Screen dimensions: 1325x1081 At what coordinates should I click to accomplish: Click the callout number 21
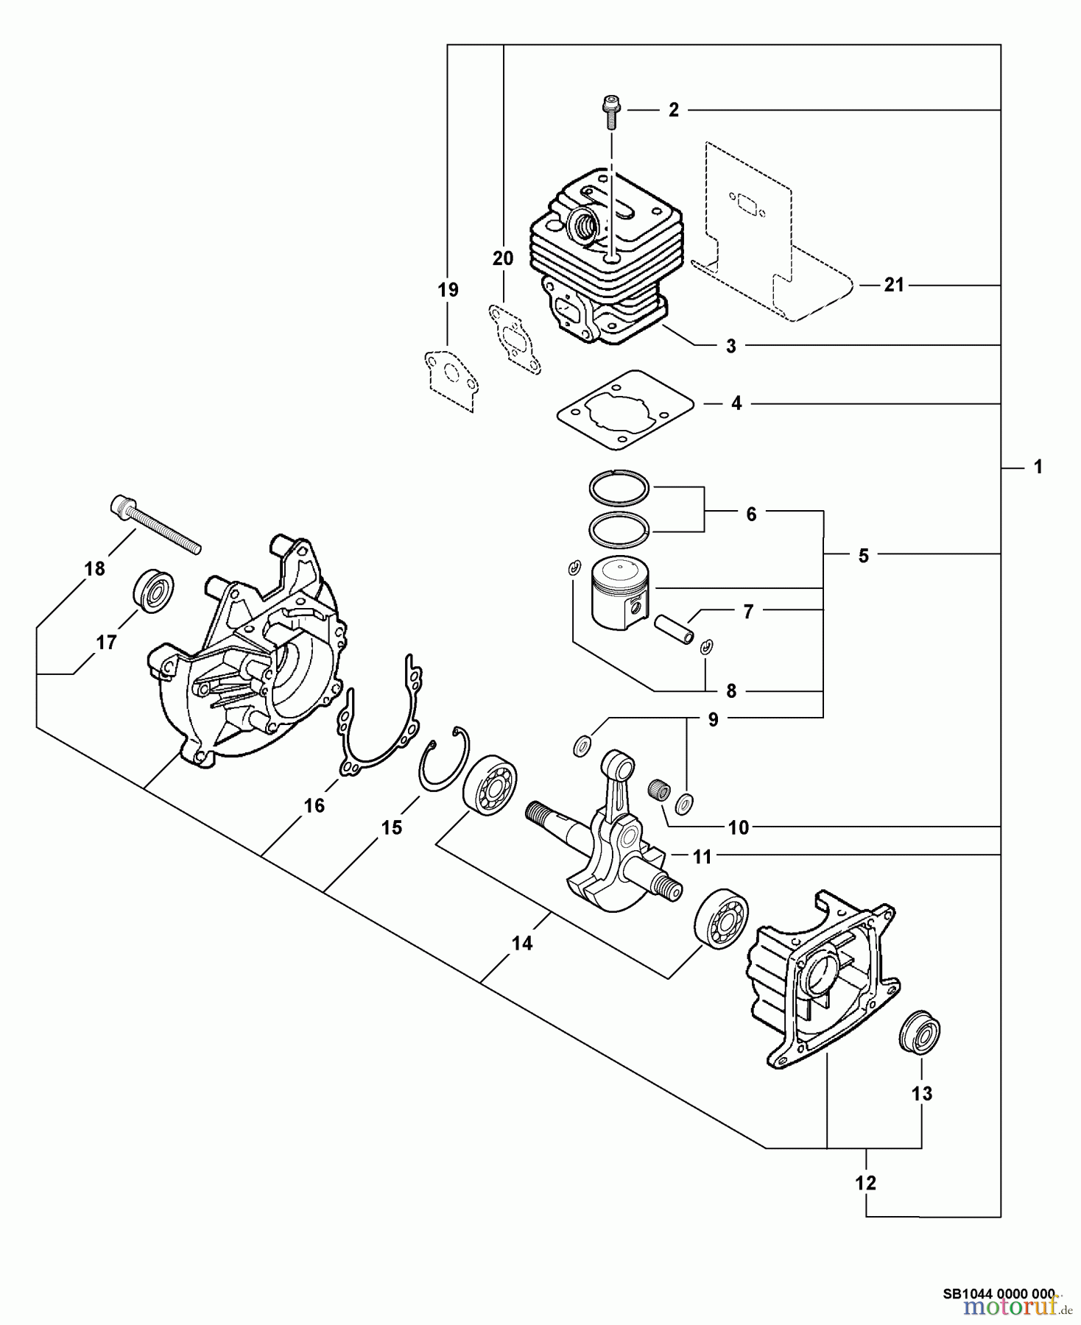[x=893, y=285]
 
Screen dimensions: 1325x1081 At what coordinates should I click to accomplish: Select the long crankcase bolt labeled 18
[x=155, y=524]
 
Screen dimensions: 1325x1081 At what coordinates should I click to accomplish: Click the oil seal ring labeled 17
[x=155, y=590]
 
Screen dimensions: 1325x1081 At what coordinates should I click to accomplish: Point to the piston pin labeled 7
[x=675, y=629]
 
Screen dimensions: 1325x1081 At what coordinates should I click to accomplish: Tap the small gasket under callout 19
[x=450, y=380]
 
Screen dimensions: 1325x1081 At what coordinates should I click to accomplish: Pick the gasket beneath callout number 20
[x=515, y=342]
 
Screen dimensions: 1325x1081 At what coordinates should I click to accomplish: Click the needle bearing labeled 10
[x=658, y=791]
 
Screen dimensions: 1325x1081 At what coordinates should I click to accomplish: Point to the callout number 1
[x=1038, y=467]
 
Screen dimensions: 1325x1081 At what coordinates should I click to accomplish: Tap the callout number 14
[x=522, y=942]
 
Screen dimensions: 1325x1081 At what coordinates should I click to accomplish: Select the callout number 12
[x=866, y=1183]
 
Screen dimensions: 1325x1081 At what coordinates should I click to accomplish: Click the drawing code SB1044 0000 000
[x=999, y=1293]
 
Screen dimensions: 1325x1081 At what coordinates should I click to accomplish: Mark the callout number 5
[x=864, y=555]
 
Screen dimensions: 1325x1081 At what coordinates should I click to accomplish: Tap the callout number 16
[x=314, y=806]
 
